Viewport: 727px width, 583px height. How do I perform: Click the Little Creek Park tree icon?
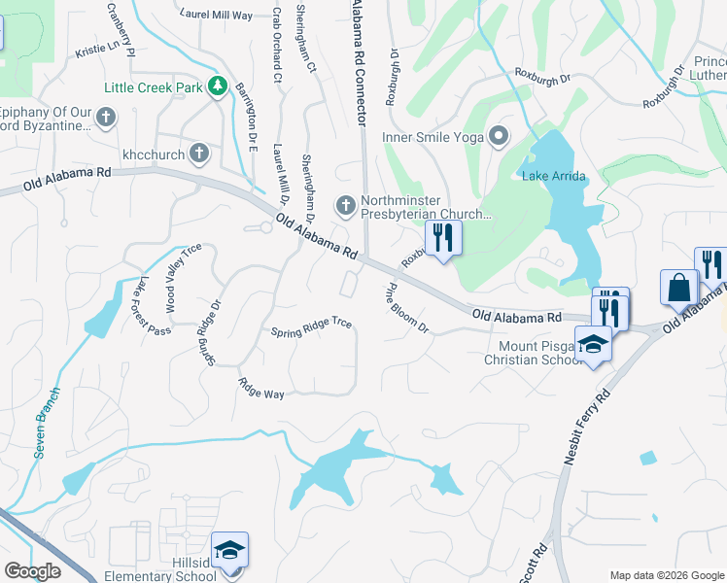(x=219, y=87)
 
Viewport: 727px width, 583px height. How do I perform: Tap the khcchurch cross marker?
(x=198, y=153)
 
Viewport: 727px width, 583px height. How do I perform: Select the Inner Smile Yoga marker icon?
(x=500, y=136)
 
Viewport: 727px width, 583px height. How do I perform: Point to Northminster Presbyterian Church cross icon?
(x=345, y=205)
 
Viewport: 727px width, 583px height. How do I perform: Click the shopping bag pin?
(x=678, y=288)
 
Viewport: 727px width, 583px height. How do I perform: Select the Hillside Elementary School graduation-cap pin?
(x=229, y=551)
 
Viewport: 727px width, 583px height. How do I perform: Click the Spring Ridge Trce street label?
(x=311, y=326)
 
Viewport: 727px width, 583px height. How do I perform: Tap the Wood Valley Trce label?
(x=184, y=276)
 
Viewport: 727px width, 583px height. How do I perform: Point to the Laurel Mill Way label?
(x=216, y=15)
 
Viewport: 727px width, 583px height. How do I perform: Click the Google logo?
(x=33, y=571)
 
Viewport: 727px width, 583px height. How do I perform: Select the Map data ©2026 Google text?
(x=667, y=575)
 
